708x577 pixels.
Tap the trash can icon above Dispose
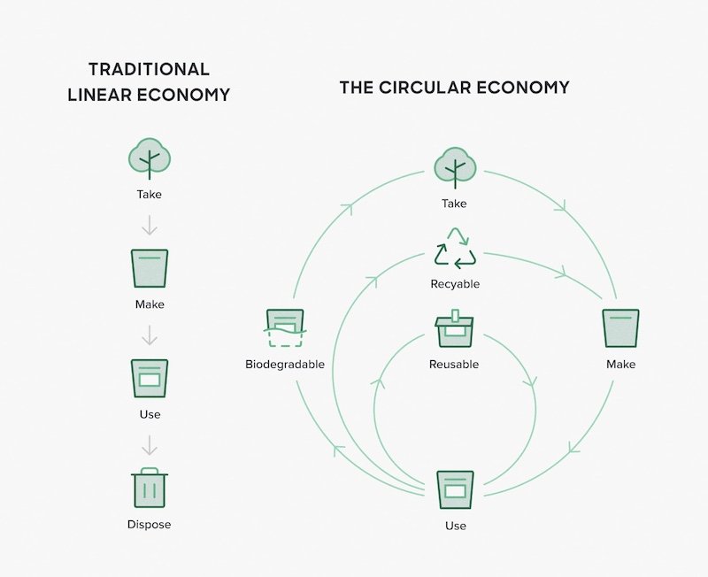tap(150, 488)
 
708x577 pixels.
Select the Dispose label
tap(149, 524)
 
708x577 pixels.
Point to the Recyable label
tap(454, 284)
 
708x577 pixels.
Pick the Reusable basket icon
tap(454, 330)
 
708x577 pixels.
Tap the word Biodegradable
tap(285, 365)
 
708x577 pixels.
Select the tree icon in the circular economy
tap(454, 167)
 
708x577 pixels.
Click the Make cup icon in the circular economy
tap(620, 329)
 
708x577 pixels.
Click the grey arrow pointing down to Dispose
tap(150, 444)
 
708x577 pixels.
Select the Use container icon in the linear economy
tap(150, 379)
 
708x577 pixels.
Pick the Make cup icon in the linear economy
tap(150, 268)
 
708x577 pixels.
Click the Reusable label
tap(454, 365)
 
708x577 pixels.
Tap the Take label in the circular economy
tap(454, 204)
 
